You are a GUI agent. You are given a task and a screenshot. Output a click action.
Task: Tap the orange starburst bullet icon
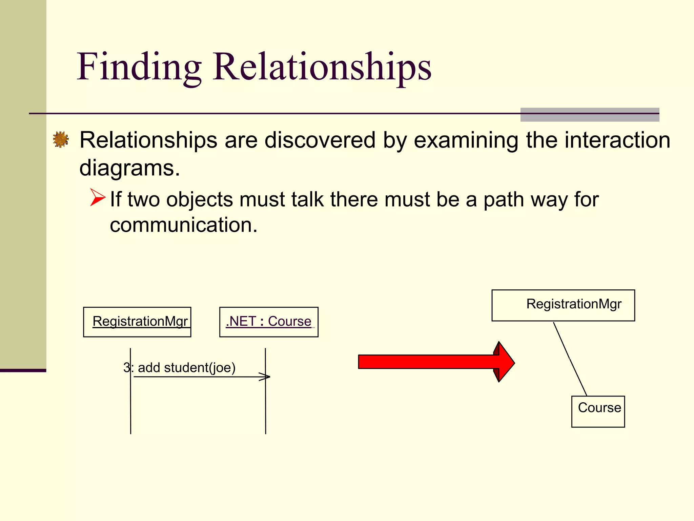(x=61, y=139)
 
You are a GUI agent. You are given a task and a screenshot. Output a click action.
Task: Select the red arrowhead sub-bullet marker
(x=98, y=197)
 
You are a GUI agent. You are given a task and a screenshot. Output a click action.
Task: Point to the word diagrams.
(x=129, y=168)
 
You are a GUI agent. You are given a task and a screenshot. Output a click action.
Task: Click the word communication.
(x=183, y=225)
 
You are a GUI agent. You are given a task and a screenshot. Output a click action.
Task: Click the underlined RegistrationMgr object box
(x=137, y=322)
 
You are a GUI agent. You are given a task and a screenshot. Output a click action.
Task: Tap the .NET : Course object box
(x=269, y=322)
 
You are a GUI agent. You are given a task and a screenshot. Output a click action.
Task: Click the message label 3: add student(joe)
(x=180, y=368)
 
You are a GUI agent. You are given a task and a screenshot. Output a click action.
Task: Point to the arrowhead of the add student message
(x=266, y=377)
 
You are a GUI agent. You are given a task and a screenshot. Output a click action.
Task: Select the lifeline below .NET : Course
(x=266, y=407)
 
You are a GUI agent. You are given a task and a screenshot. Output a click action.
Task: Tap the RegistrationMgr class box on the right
(x=563, y=305)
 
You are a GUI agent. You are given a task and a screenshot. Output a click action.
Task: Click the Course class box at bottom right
(x=598, y=411)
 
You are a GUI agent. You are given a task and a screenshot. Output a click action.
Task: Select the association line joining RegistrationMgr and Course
(x=570, y=359)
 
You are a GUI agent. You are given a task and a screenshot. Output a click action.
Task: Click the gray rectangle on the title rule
(x=590, y=115)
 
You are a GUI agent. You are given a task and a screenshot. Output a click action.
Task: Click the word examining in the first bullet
(x=466, y=140)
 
